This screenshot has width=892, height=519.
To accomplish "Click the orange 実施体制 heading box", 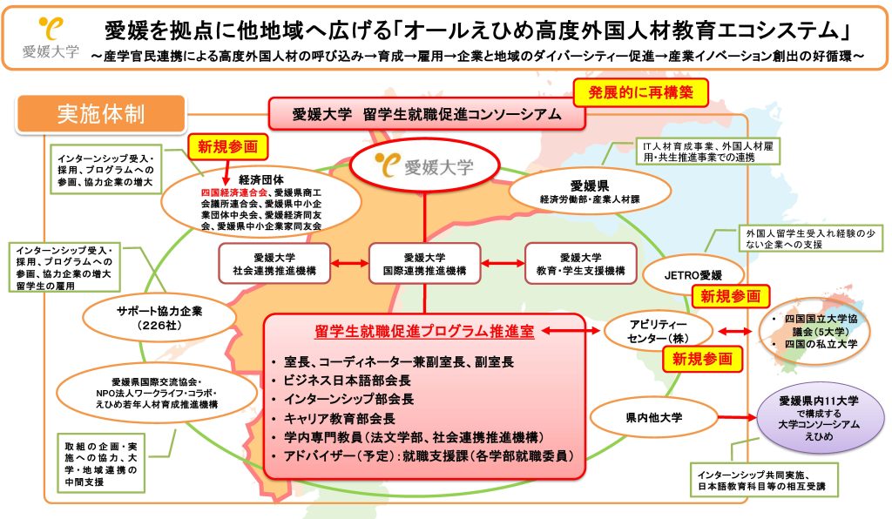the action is pos(101,114).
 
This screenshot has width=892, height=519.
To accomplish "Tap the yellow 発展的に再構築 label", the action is pos(640,92).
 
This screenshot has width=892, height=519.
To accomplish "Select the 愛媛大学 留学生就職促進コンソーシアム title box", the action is pos(427,114).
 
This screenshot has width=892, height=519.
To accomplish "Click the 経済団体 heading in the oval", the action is pos(261,180).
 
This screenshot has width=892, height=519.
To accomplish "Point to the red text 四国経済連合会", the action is pos(233,192).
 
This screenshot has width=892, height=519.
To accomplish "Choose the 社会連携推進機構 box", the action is pos(274,264).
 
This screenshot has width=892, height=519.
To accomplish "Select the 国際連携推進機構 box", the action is pos(424,264).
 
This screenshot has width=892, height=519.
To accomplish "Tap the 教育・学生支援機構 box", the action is pos(580,264).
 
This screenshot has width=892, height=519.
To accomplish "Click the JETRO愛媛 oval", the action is pos(693,275).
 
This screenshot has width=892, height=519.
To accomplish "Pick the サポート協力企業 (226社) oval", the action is pos(160,318).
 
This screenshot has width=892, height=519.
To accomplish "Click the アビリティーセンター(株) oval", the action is pos(658,332).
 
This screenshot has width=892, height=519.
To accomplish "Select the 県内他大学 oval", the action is pos(653,418).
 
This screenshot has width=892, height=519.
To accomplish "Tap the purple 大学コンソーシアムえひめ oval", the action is pos(819,418).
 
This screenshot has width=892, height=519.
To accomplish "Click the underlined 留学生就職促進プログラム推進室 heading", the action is pos(424,332).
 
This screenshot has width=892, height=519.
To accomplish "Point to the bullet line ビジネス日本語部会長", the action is pos(347,381).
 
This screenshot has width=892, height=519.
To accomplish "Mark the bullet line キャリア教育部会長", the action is pos(340,419).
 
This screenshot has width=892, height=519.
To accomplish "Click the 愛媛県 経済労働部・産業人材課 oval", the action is pos(590,191).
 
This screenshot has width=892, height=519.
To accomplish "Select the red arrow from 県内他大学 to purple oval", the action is pos(736,418).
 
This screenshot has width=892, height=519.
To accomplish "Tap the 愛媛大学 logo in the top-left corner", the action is pos(51,38).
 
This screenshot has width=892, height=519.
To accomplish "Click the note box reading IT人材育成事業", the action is pos(708,152).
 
